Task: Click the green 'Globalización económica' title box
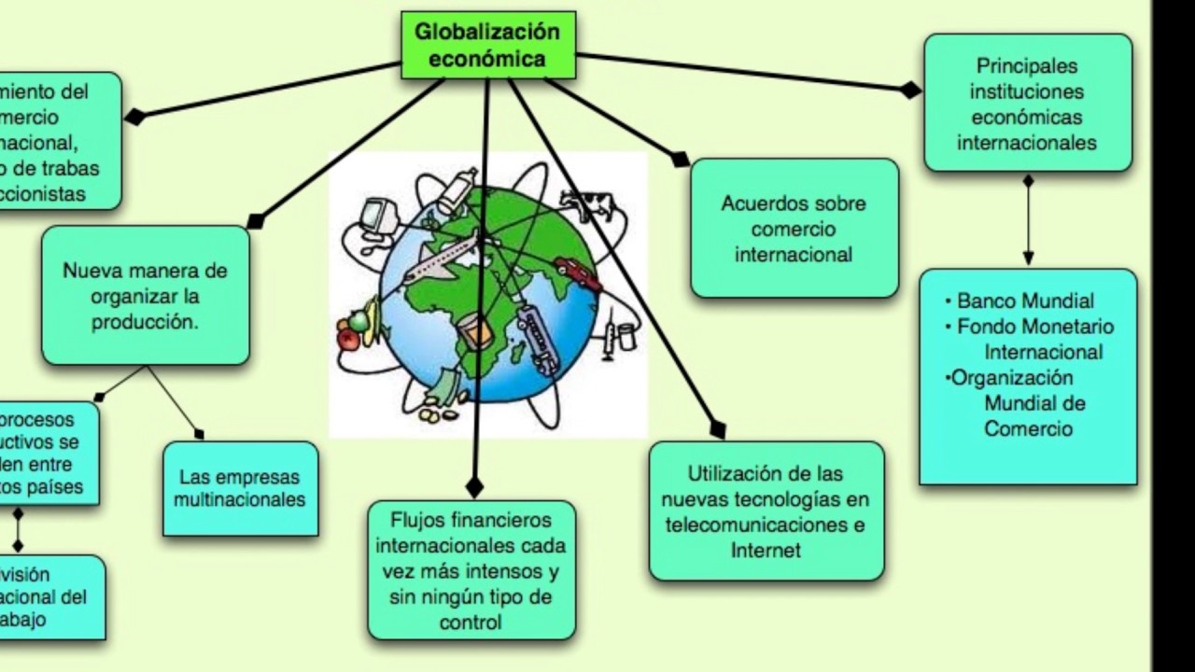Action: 486,45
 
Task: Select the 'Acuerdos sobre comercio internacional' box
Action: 794,229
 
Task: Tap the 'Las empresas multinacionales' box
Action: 241,488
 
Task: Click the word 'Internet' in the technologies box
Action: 766,550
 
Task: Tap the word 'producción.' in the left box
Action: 145,322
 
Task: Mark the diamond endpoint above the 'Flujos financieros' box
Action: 474,486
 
